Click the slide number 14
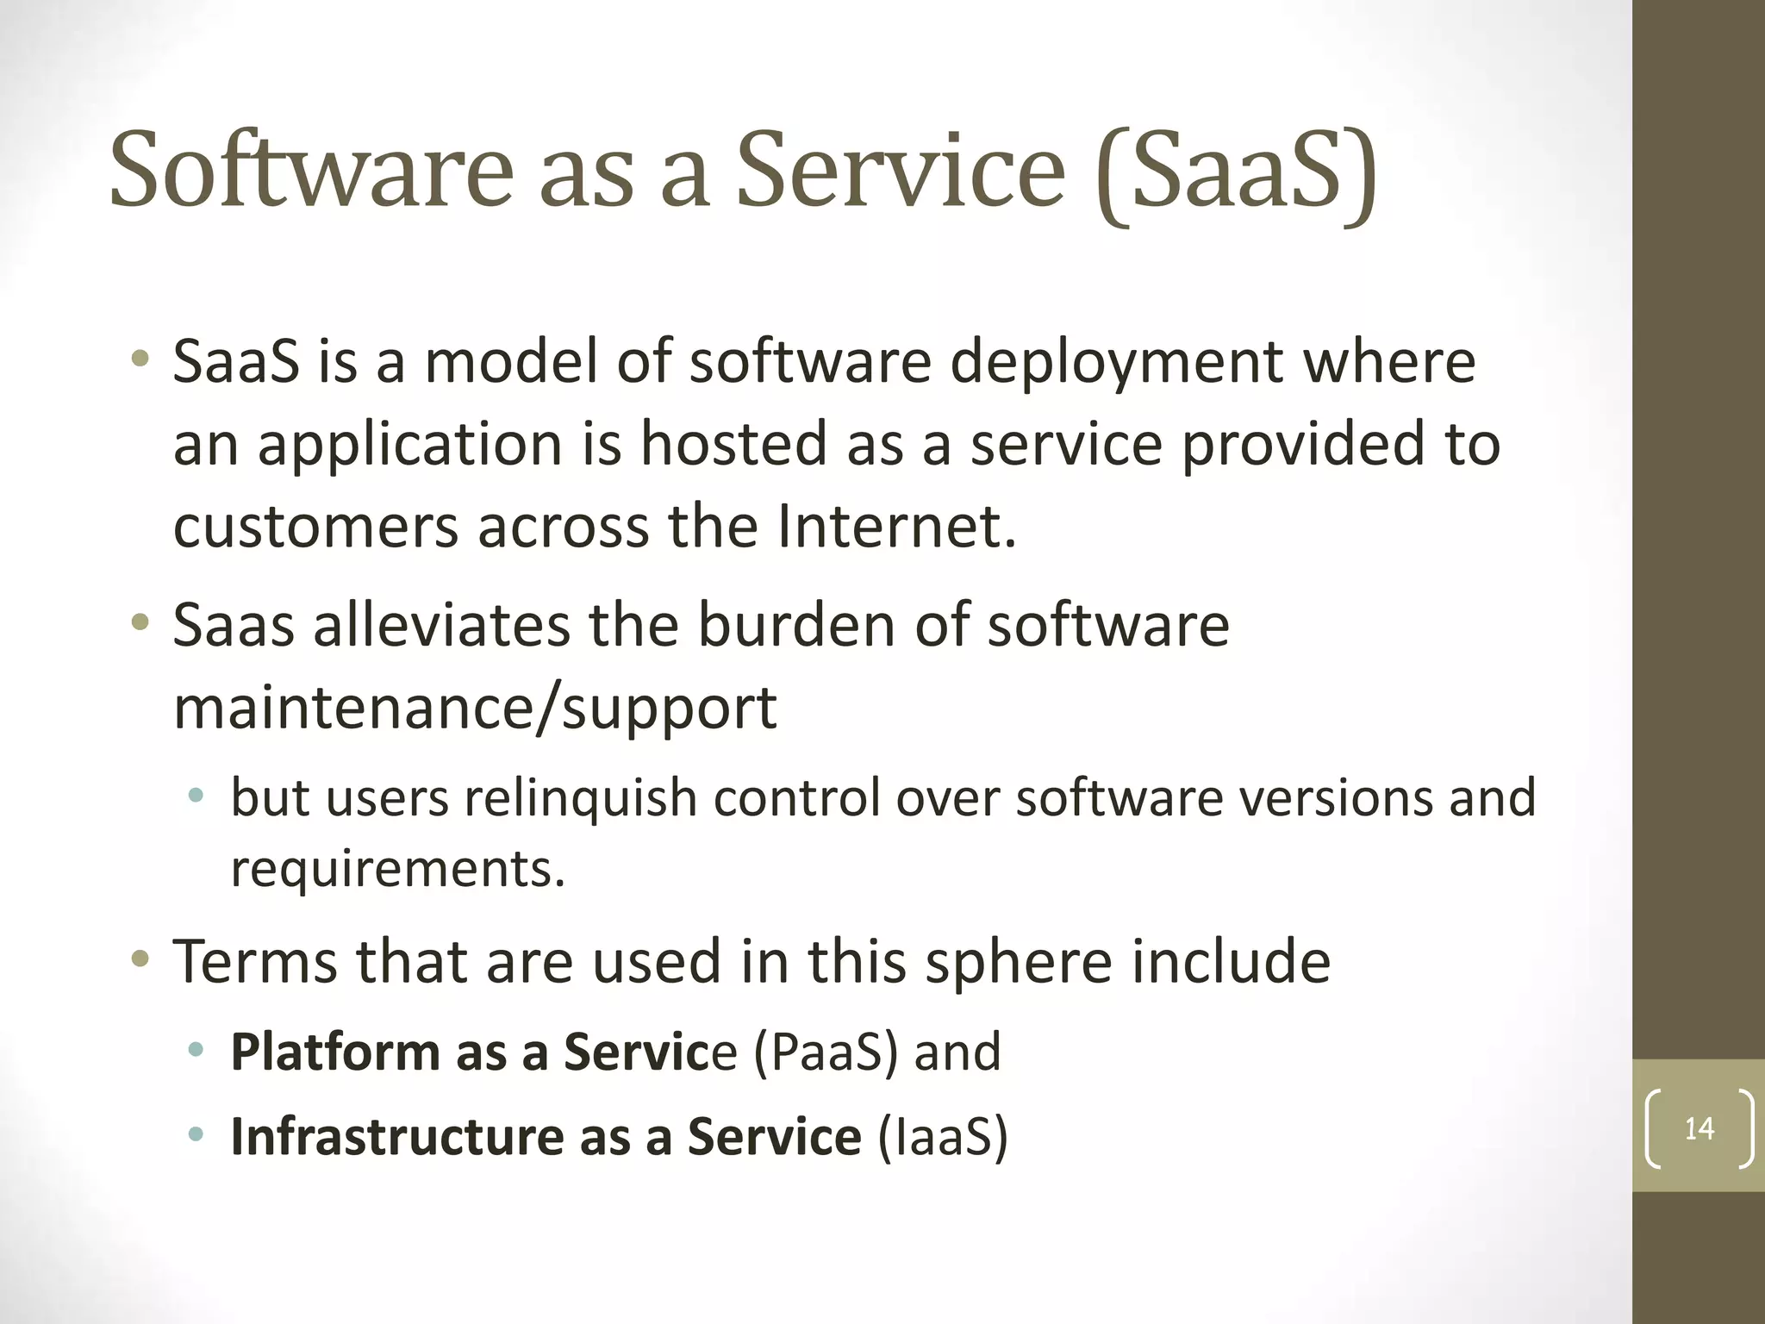1699,1128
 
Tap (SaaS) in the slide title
1238,172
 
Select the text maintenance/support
475,709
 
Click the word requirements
396,869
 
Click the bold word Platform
335,1052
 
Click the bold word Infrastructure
396,1136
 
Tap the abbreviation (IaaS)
942,1136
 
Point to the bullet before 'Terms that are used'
140,959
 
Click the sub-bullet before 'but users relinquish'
196,796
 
